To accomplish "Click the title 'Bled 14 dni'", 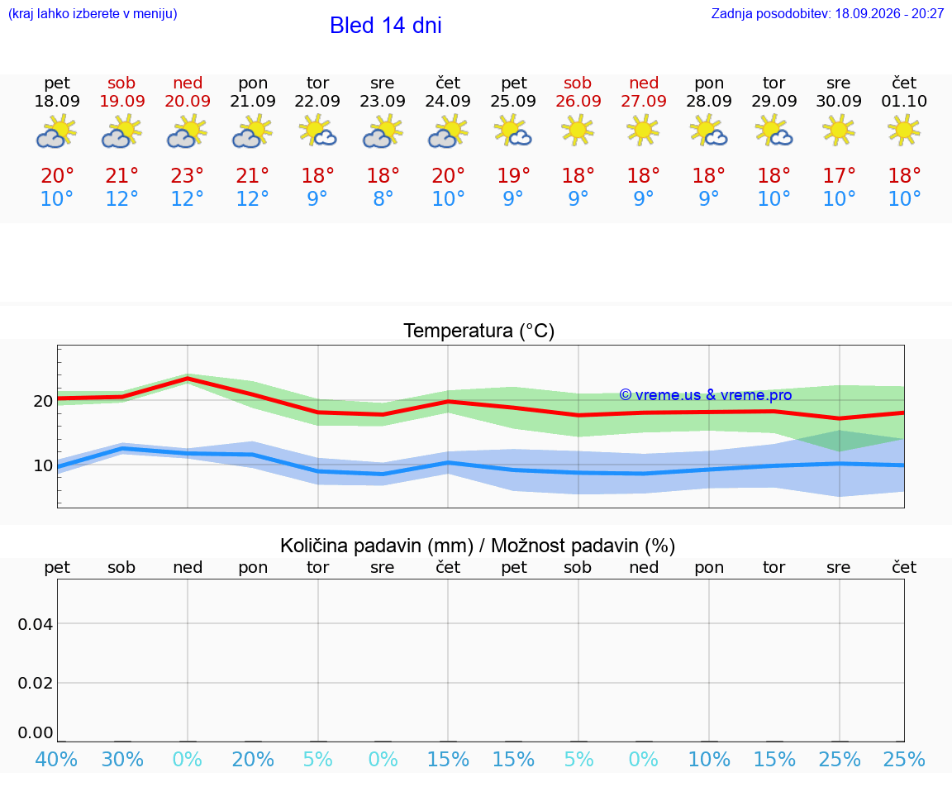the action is click(x=386, y=26).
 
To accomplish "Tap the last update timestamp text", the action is click(x=827, y=13).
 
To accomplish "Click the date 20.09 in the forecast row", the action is click(x=188, y=101).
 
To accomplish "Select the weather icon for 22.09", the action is click(x=317, y=131).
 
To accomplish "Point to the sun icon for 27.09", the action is click(x=643, y=131).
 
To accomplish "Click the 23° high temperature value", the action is click(x=187, y=175).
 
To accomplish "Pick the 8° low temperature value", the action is click(x=383, y=198).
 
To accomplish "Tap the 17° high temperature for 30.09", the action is click(x=839, y=175).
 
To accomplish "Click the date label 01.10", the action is click(x=904, y=101).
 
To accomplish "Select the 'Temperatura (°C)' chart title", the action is click(x=479, y=331).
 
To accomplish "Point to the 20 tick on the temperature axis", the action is click(x=43, y=401).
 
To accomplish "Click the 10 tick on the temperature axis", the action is click(x=43, y=465).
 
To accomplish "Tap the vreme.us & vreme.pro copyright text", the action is click(x=706, y=395).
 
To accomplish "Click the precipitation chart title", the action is click(x=478, y=546).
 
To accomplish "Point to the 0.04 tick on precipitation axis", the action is click(x=36, y=624).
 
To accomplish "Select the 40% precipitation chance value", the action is click(x=56, y=759).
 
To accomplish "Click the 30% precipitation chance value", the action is click(x=122, y=759).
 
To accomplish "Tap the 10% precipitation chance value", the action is click(x=709, y=759).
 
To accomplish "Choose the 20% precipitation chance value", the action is click(x=253, y=759).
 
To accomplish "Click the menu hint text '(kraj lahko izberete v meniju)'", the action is click(x=93, y=13).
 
